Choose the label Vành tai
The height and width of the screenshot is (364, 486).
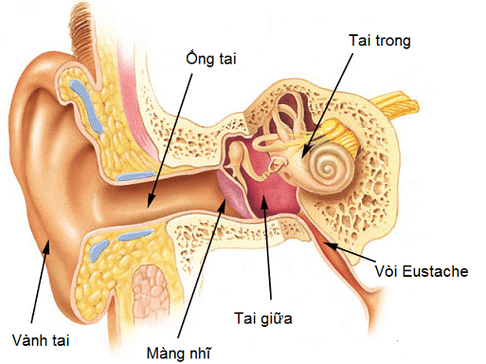[x=41, y=337]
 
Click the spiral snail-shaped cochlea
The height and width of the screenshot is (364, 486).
[x=329, y=170]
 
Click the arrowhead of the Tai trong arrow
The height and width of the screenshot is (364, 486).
[x=304, y=153]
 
